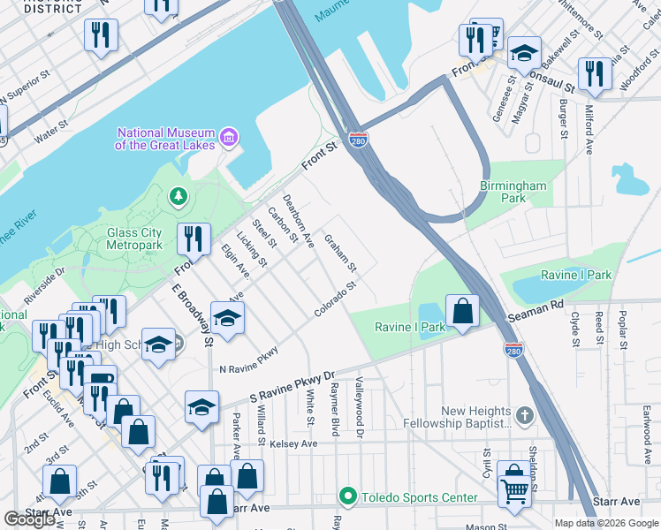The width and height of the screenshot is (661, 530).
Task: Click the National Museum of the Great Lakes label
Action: click(166, 139)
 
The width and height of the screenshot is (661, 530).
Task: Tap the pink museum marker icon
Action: click(230, 137)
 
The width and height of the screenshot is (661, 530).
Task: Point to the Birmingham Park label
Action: click(513, 192)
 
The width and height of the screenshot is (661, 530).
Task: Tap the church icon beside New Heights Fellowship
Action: click(525, 415)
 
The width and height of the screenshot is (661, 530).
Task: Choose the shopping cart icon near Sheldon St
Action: click(513, 488)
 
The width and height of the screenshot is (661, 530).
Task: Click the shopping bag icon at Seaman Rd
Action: click(462, 310)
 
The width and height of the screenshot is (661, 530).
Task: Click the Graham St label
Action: click(340, 254)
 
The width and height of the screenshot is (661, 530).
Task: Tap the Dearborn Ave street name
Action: click(298, 221)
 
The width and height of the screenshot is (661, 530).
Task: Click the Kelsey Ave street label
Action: click(293, 443)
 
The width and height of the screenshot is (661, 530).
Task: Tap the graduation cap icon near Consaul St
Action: click(524, 52)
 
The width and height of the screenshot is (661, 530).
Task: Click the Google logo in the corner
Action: click(29, 519)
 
